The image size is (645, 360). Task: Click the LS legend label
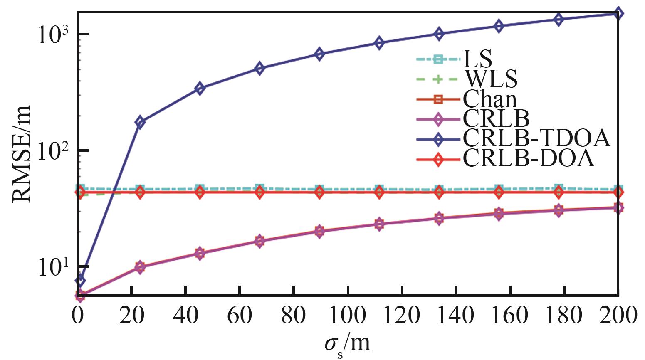pyautogui.click(x=478, y=59)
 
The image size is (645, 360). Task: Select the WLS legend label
pyautogui.click(x=490, y=79)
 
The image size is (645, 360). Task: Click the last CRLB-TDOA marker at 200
pyautogui.click(x=618, y=13)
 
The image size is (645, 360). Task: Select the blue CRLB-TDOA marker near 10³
pyautogui.click(x=439, y=34)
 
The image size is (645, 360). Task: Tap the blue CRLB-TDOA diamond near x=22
pyautogui.click(x=140, y=122)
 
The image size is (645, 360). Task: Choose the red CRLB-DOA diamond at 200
pyautogui.click(x=618, y=192)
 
